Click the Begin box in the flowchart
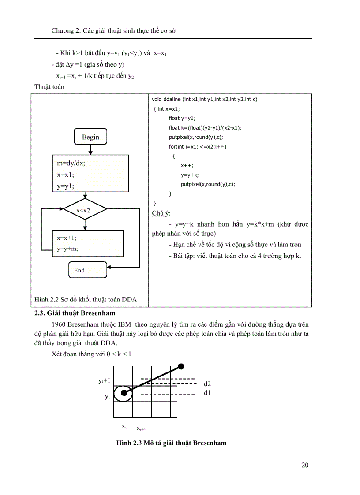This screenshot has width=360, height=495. coord(90,137)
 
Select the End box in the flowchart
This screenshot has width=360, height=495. coord(87,270)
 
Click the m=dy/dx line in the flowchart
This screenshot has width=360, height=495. coord(71,163)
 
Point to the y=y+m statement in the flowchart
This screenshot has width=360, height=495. coord(67,249)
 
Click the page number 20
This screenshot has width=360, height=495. coord(305,465)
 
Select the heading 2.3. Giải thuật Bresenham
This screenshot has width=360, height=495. coord(75,313)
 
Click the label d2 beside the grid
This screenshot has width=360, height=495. coord(207,384)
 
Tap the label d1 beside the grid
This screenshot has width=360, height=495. coord(207,392)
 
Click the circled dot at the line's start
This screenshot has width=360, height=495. coord(124,392)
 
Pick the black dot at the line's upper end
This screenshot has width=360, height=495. coord(181,366)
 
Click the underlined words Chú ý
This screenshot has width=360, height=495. coord(161,213)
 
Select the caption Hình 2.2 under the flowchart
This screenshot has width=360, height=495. coord(86,300)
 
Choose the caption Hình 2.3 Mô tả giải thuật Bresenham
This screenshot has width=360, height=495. coord(171,443)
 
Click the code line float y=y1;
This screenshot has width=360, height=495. coord(182,118)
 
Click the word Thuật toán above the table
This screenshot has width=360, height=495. coord(49,87)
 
